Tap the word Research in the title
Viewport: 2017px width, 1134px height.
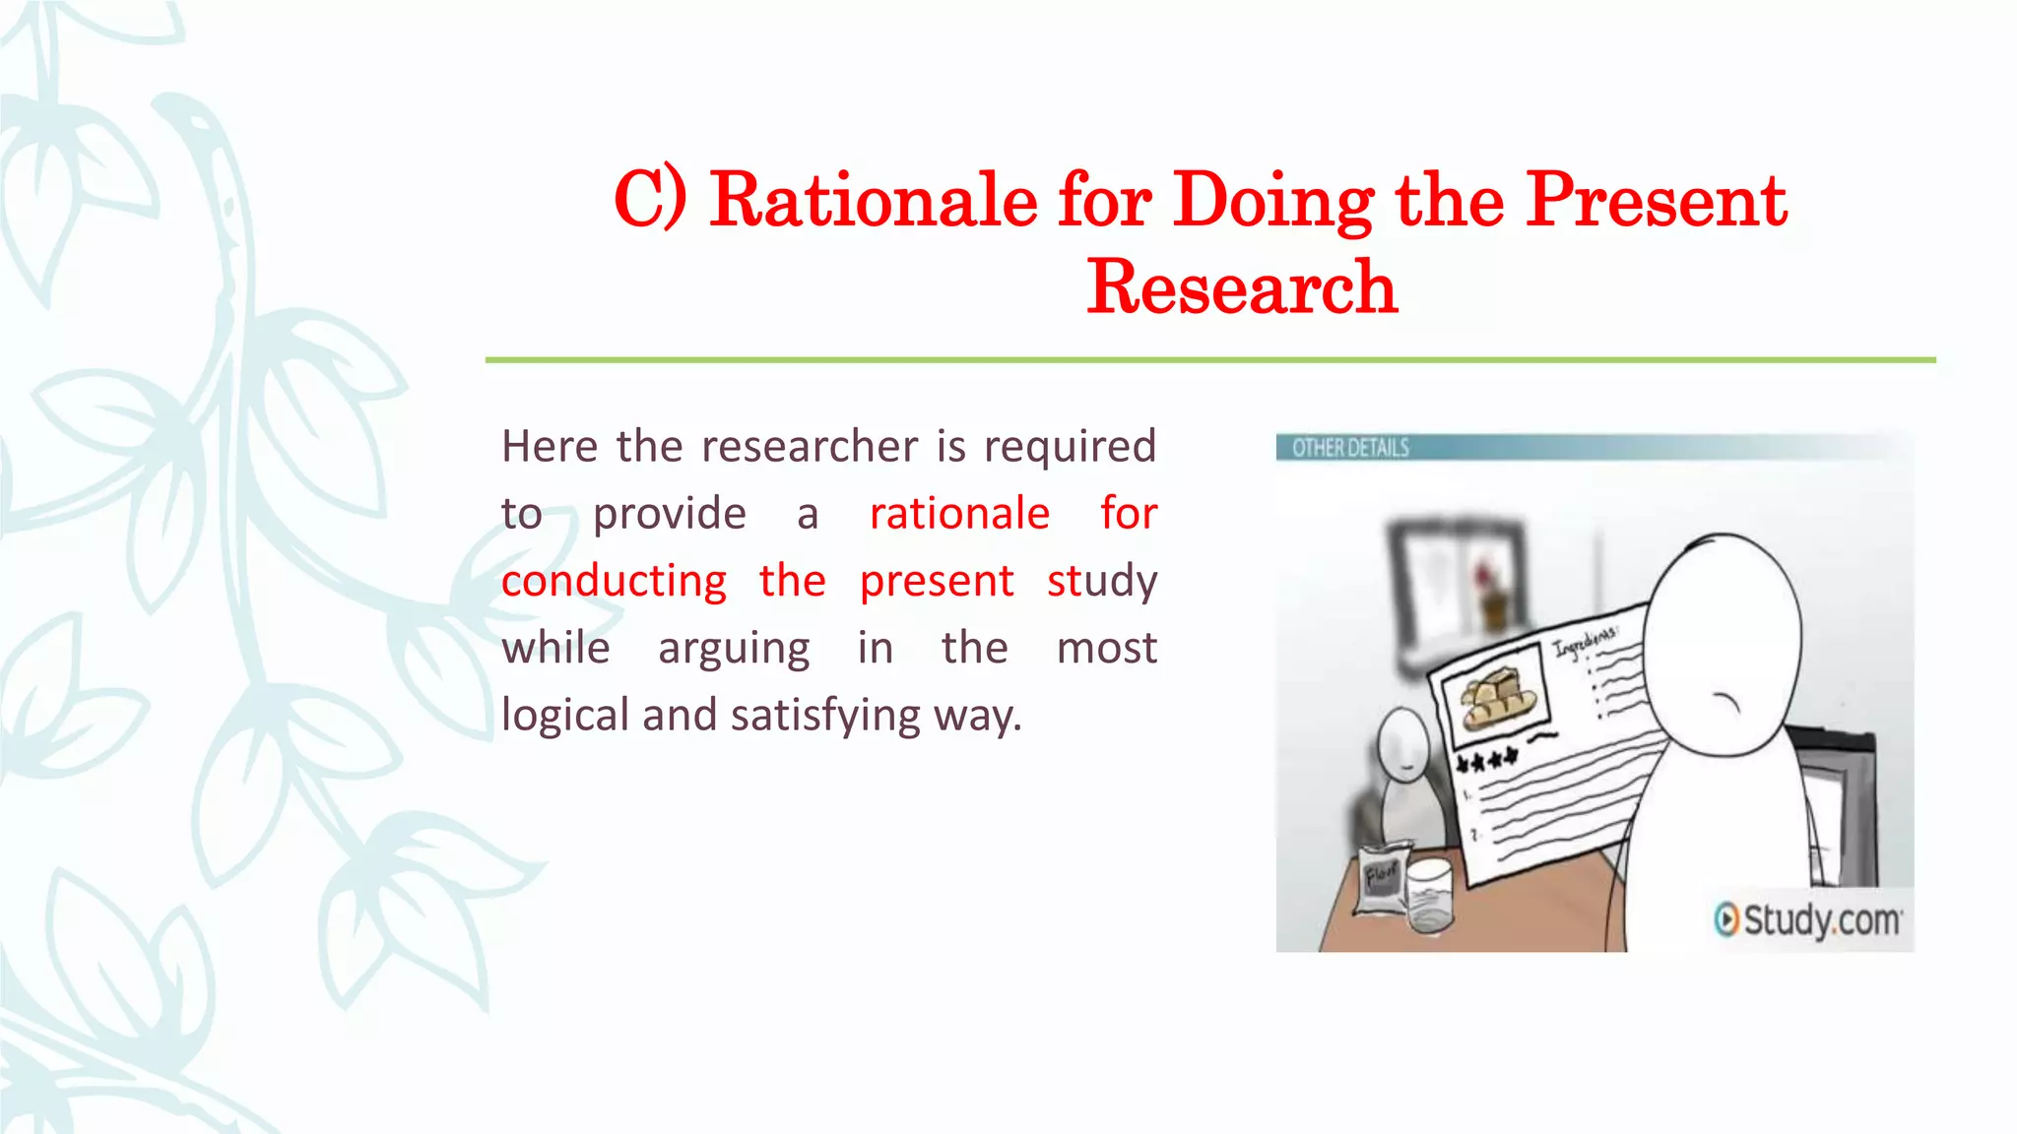(1242, 287)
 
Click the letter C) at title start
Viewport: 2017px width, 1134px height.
(650, 200)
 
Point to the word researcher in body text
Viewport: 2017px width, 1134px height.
(812, 447)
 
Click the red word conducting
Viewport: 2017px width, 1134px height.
(614, 581)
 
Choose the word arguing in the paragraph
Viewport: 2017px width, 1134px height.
(734, 649)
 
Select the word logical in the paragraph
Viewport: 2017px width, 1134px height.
(565, 716)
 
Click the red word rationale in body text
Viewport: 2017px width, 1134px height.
(959, 514)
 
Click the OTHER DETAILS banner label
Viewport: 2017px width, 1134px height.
(1349, 449)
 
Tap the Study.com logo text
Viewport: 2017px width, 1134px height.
(1822, 920)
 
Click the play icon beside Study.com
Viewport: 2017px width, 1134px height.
(1726, 919)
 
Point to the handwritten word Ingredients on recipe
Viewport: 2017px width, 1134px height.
(1585, 642)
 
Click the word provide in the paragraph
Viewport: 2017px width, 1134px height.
(669, 514)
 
